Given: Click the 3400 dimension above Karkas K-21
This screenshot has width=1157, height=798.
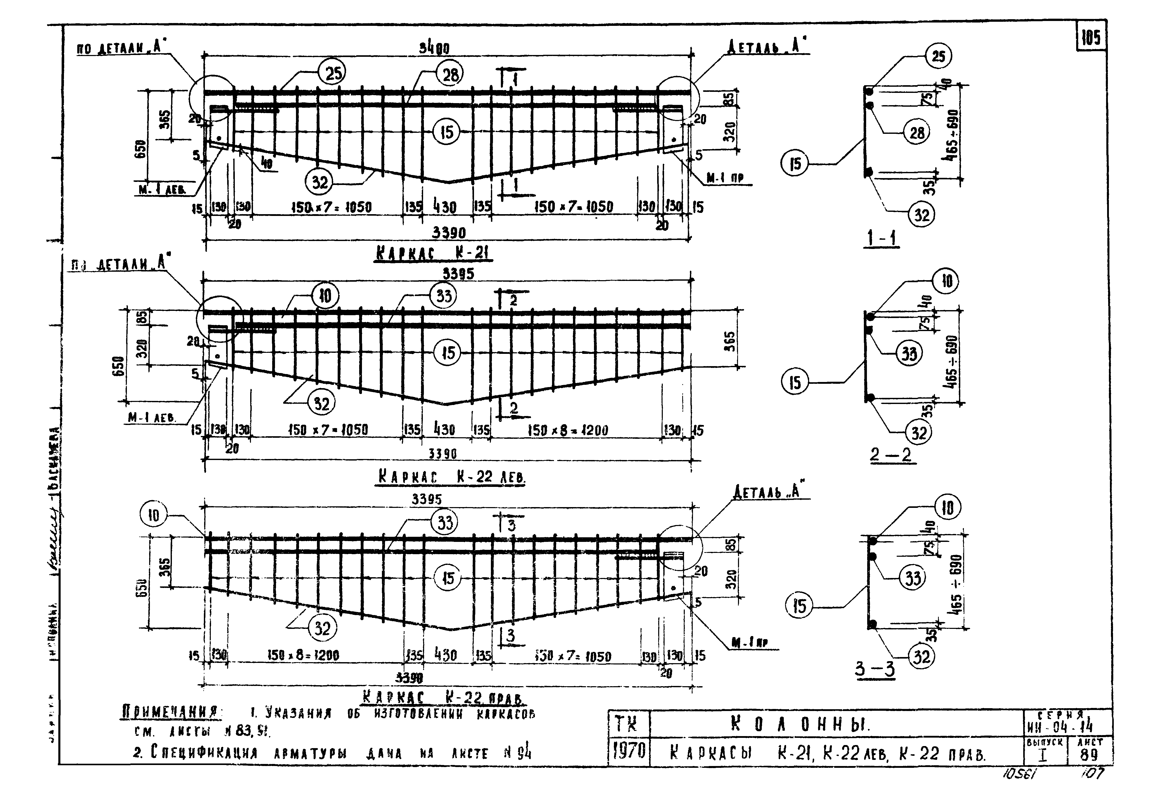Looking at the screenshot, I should click(434, 49).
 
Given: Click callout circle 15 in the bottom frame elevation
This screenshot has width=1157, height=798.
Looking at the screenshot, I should click(448, 578).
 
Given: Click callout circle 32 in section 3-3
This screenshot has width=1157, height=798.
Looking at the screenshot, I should click(921, 657).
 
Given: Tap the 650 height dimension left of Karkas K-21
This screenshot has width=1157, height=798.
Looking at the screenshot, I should click(140, 149).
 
